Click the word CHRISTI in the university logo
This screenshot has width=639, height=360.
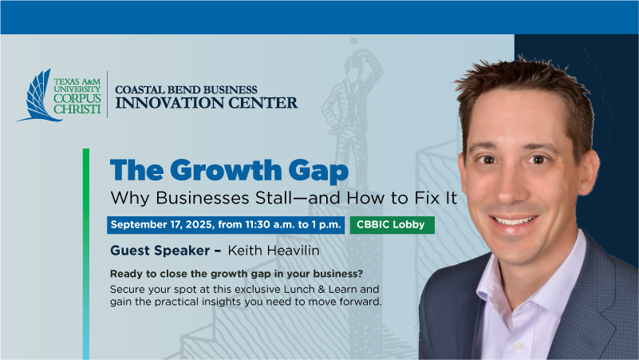coord(77,109)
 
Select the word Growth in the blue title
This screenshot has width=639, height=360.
coord(227,170)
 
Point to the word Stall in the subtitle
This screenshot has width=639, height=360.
coord(274,198)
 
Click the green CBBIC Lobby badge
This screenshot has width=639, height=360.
coord(392,224)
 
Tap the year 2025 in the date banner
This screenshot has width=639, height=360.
coord(200,224)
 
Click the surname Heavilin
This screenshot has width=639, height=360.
coord(293,251)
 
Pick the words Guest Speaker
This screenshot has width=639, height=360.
coord(160,251)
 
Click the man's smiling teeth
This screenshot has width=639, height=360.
coord(514,221)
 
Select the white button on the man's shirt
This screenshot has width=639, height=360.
coord(519,346)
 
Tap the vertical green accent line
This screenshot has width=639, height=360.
coord(86,254)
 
